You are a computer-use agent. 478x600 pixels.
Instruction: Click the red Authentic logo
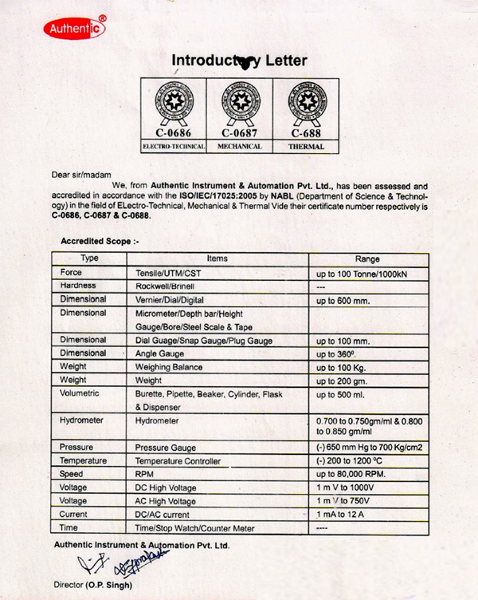pos(74,29)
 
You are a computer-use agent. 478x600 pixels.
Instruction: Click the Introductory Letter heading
pos(239,61)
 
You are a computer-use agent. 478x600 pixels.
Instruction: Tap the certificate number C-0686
pos(173,133)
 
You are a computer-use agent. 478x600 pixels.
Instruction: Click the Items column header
pos(217,259)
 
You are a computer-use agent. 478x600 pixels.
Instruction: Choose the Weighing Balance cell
pos(169,367)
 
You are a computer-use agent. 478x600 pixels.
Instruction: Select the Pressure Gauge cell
pos(166,448)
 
